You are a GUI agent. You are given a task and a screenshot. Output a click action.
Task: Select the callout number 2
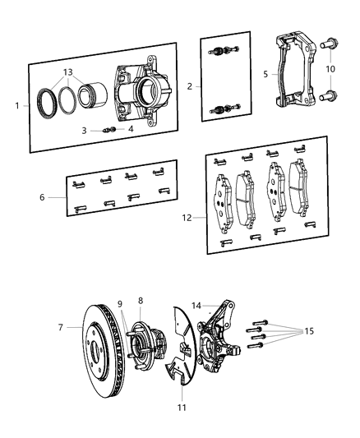click(x=191, y=85)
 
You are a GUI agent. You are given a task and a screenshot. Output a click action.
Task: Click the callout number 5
click(x=265, y=74)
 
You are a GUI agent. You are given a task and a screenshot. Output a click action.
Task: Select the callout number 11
click(x=182, y=407)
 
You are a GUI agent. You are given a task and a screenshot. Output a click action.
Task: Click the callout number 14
click(x=196, y=305)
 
